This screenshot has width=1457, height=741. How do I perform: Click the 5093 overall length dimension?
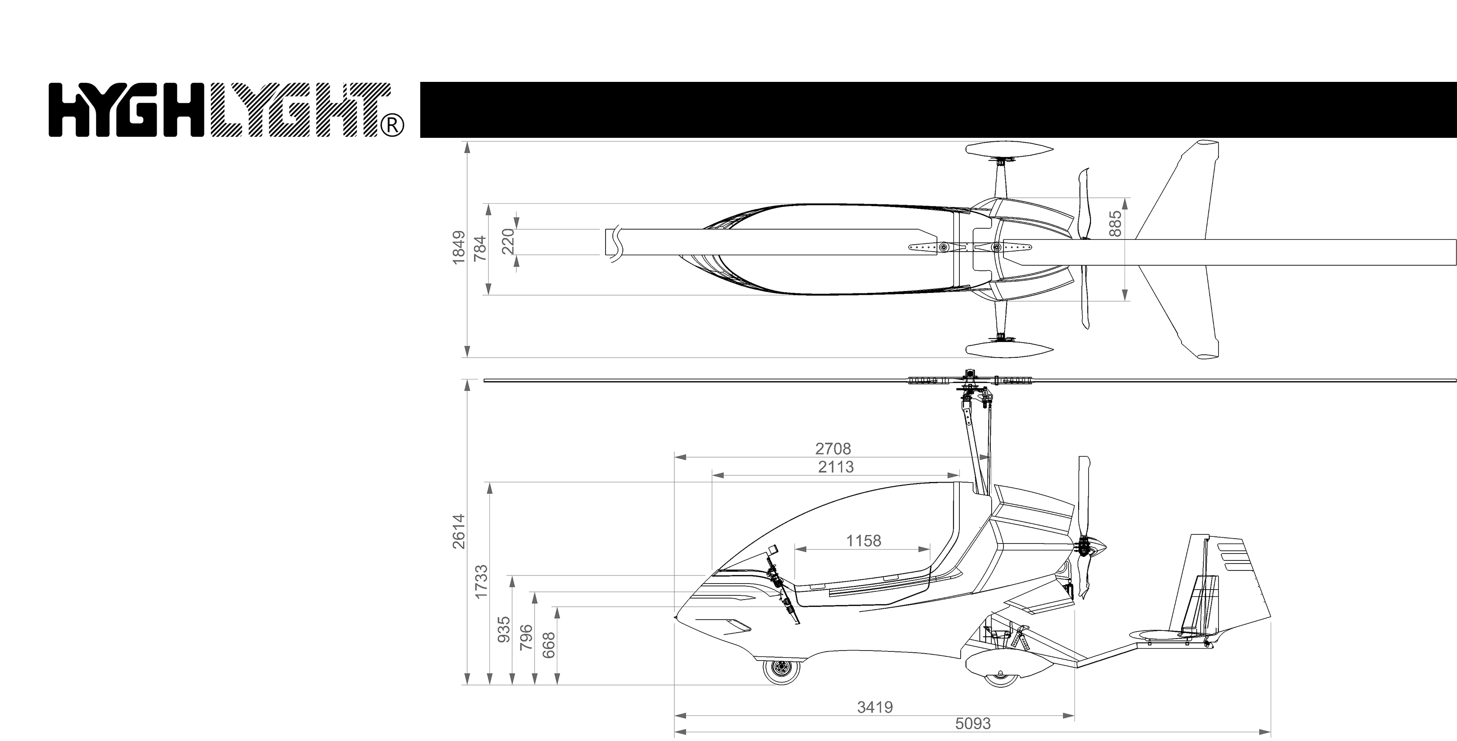[x=973, y=723]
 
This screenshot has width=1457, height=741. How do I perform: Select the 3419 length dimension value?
[x=875, y=707]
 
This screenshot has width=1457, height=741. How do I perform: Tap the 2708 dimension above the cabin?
[x=833, y=449]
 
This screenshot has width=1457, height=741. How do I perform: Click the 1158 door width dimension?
[x=863, y=541]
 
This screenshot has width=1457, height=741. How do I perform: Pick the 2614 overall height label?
[x=458, y=531]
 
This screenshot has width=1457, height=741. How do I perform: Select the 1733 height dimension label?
[x=481, y=582]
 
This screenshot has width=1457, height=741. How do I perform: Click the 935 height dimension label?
[x=504, y=630]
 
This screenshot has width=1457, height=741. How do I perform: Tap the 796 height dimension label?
[x=526, y=637]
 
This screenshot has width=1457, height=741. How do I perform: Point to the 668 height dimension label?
[x=549, y=645]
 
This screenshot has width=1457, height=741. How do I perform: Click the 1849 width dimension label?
[x=458, y=247]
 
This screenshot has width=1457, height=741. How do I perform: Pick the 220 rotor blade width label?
[x=509, y=242]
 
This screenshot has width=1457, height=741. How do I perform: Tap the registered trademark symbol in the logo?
[x=393, y=126]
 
